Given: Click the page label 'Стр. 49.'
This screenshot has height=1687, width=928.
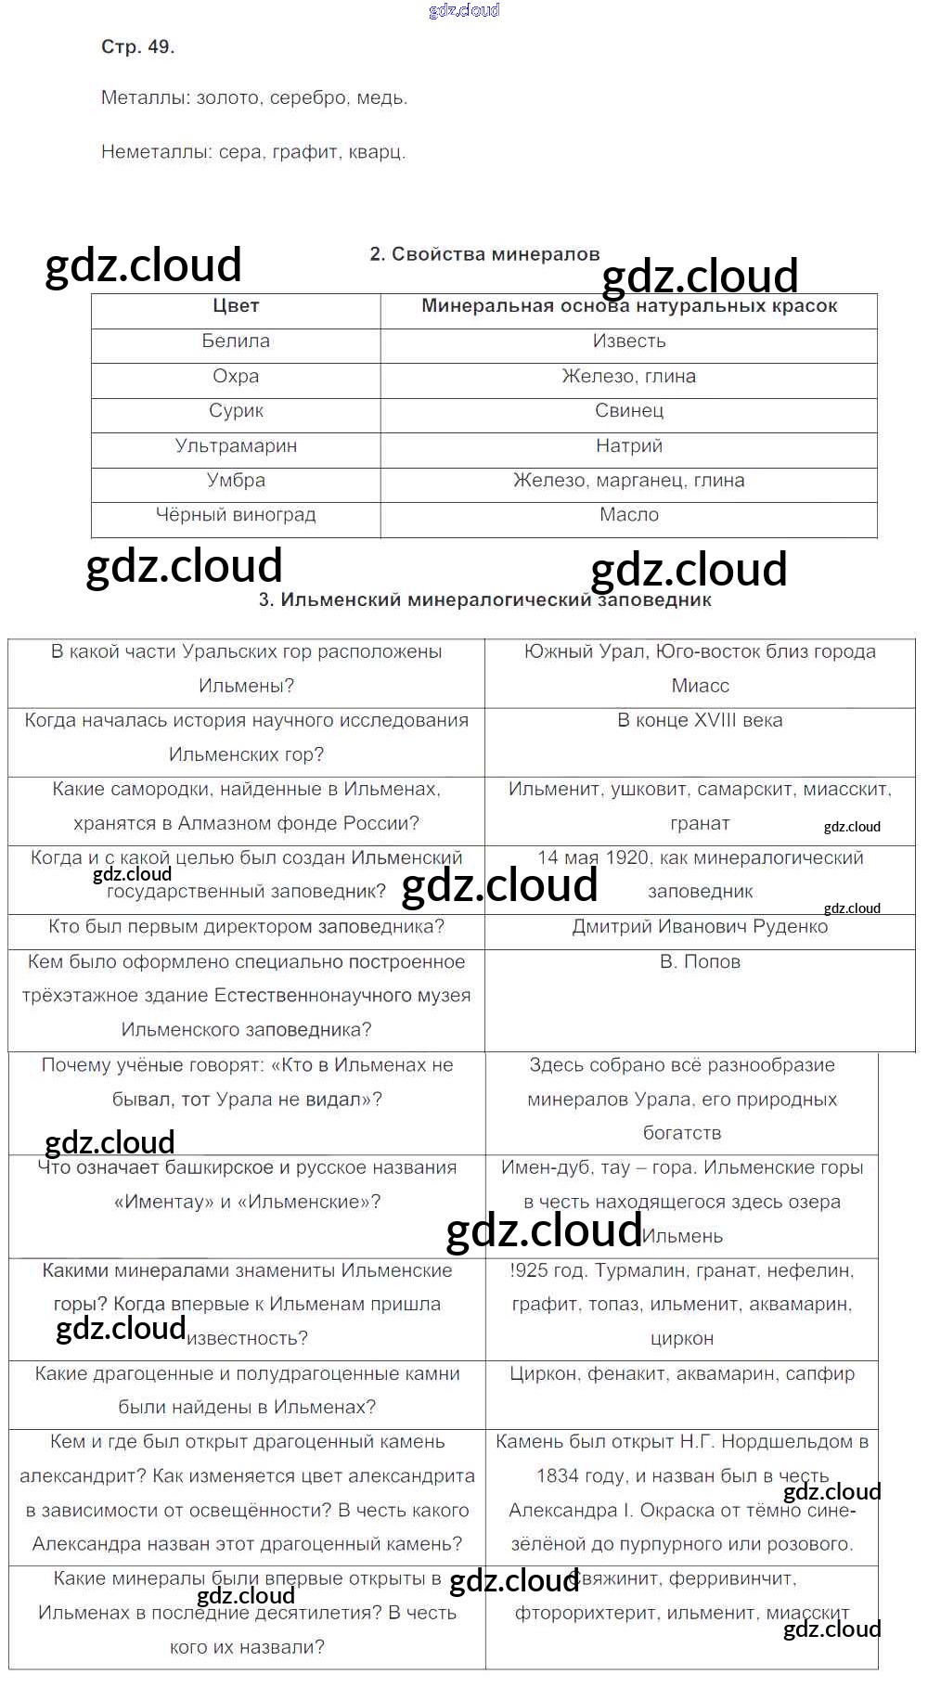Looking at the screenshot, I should tap(137, 46).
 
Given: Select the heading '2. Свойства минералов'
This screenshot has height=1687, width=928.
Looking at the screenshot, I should tap(484, 254).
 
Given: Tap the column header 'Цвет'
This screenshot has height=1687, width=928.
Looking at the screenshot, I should tap(236, 306).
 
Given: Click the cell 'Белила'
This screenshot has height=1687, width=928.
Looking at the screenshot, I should tap(236, 341).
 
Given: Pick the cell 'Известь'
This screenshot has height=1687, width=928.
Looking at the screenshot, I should tap(629, 341).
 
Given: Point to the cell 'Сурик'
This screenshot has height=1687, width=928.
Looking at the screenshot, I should tap(236, 410).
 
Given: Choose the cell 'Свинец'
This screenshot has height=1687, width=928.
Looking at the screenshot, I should tap(629, 410).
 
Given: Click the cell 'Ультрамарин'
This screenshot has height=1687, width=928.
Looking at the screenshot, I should tap(236, 445).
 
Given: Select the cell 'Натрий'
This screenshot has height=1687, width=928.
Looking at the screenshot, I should tap(629, 445).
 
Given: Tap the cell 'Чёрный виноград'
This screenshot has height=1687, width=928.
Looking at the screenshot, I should tap(236, 515).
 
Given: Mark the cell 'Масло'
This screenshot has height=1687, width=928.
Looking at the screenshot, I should tap(629, 515).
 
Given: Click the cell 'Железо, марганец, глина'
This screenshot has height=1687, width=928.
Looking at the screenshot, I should tap(629, 481).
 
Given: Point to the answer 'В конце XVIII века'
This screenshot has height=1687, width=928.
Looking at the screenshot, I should tap(700, 720).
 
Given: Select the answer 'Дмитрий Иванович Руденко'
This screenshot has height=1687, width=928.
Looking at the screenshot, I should tap(700, 927).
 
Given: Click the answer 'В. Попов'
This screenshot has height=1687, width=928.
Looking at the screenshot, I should tap(700, 962).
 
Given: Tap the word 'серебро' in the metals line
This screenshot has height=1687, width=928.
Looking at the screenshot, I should tap(309, 98).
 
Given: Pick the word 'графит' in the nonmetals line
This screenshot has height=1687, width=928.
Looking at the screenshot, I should tap(305, 152).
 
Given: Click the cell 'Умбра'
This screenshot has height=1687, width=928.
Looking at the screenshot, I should tap(236, 481).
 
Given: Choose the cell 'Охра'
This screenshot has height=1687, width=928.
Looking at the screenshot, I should tap(236, 377).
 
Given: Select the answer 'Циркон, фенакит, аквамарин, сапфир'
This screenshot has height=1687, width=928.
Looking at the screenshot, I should tap(682, 1373).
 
